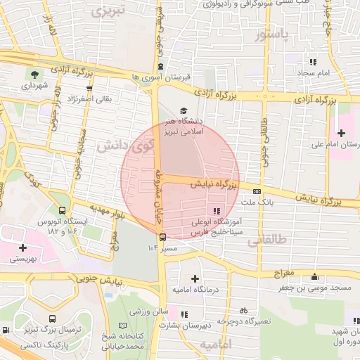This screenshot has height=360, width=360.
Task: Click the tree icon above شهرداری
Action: tap(34, 73)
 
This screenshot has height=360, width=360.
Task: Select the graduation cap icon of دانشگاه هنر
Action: tap(184, 110)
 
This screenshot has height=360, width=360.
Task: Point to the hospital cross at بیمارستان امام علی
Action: tap(342, 133)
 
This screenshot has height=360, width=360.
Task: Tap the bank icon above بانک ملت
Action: tap(257, 191)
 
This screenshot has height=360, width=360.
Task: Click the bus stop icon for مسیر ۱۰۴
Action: tap(162, 238)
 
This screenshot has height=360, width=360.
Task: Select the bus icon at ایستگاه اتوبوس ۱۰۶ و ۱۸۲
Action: tap(63, 210)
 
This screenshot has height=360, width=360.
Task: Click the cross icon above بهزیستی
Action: tap(24, 247)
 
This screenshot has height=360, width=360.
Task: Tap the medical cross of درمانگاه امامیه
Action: tap(195, 278)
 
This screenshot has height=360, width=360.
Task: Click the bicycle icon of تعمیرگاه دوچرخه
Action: tap(243, 310)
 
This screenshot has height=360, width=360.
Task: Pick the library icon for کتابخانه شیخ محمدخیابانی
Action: tap(123, 326)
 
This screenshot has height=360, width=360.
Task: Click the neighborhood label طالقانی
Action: tap(268, 240)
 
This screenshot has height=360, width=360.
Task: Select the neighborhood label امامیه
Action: tap(215, 345)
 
